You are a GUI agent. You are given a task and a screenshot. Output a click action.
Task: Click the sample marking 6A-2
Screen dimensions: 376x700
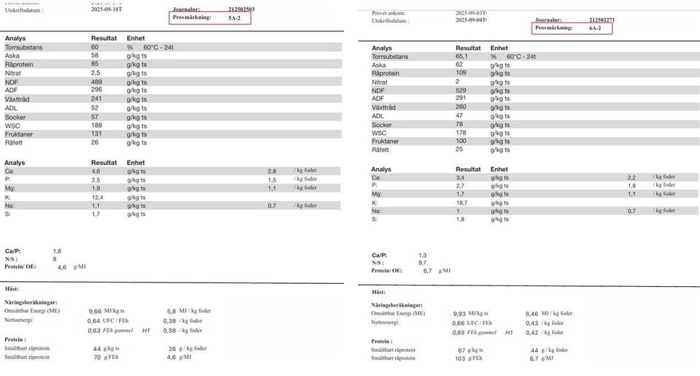594,28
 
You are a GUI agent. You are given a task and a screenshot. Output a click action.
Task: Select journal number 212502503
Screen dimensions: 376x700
241,9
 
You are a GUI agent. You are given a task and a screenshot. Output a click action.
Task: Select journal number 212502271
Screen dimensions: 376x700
602,20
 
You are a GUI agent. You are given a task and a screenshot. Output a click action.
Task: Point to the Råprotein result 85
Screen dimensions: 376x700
96,64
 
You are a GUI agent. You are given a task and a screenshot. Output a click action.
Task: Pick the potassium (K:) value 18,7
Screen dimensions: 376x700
462,202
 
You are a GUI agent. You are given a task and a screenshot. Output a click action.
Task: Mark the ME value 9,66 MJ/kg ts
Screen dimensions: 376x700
95,310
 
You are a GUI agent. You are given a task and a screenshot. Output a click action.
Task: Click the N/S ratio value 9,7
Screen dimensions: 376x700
422,262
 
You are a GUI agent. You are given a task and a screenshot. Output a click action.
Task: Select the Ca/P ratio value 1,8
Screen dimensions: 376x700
58,250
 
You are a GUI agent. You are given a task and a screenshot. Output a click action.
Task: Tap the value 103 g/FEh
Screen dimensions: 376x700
459,358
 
